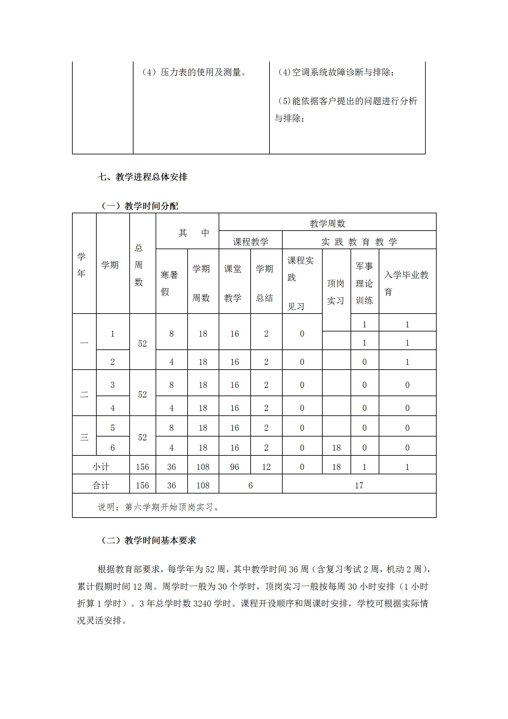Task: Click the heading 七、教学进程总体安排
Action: pos(142,177)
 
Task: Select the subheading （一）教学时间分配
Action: pos(140,206)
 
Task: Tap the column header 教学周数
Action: pos(327,224)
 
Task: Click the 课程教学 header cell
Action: pos(250,241)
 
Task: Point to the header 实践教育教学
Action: pos(359,242)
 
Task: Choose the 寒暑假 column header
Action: pos(169,283)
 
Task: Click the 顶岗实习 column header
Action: pos(335,292)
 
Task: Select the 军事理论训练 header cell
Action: pos(364,283)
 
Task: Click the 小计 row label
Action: pos(101,467)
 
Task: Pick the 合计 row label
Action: pos(101,486)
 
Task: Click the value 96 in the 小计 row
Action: pos(234,467)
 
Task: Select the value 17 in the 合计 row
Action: pos(359,486)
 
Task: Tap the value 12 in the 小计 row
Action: pos(266,467)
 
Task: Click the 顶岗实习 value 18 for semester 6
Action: pos(336,448)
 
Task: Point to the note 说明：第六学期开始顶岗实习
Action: pos(159,507)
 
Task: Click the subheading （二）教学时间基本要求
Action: pos(148,540)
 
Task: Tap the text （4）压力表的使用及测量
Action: pos(194,72)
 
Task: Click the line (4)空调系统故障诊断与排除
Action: pos(336,72)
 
